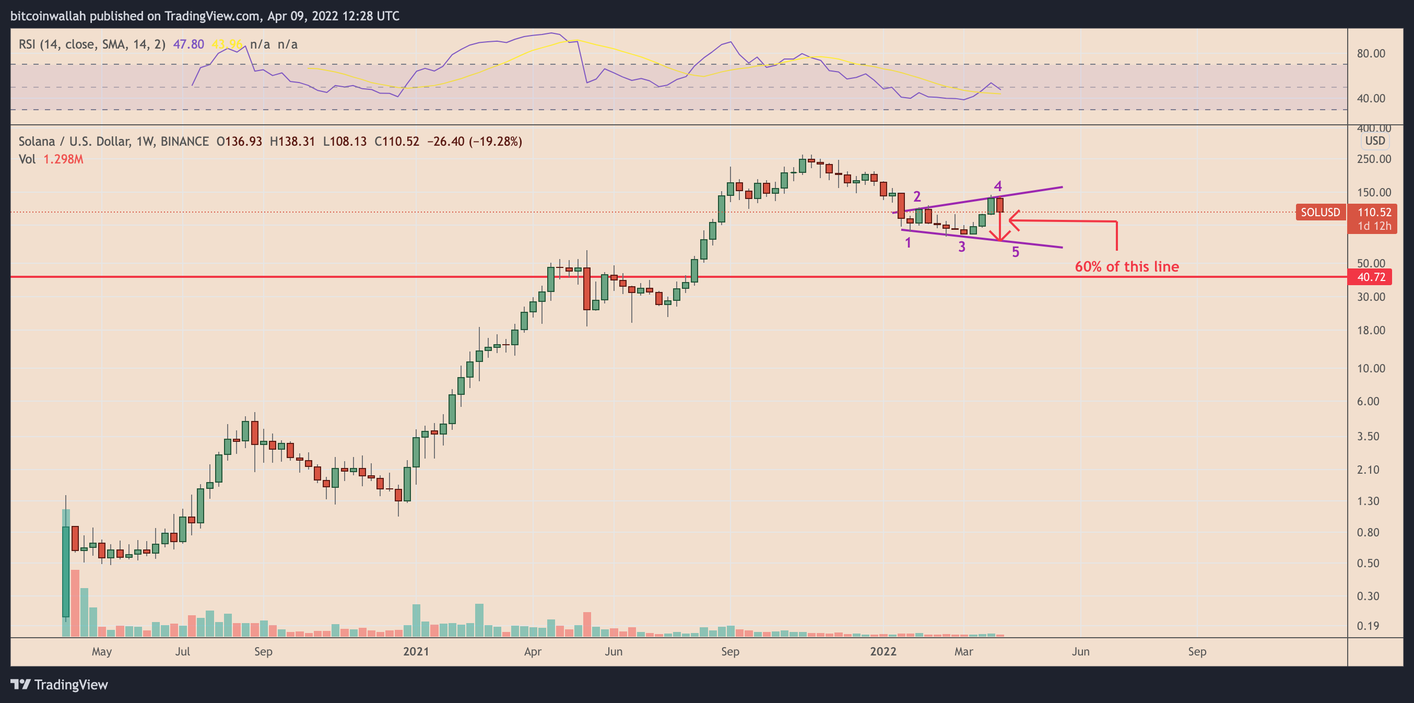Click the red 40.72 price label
pos(1371,277)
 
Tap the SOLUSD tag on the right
pos(1320,212)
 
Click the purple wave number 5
pos(1016,252)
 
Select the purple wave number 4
pos(998,186)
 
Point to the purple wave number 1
pos(908,243)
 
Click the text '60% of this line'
pos(1126,266)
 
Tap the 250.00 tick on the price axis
pos(1373,159)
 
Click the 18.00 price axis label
pos(1371,330)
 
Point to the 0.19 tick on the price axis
pos(1368,626)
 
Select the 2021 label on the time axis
pos(416,651)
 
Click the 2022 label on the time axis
pos(883,651)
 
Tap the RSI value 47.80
pos(188,44)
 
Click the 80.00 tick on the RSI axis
pos(1371,54)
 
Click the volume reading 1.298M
pos(63,159)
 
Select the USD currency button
pos(1374,140)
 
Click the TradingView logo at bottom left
pos(60,684)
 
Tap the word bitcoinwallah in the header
pos(48,16)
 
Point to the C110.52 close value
pos(396,142)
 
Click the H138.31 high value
pos(292,142)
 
